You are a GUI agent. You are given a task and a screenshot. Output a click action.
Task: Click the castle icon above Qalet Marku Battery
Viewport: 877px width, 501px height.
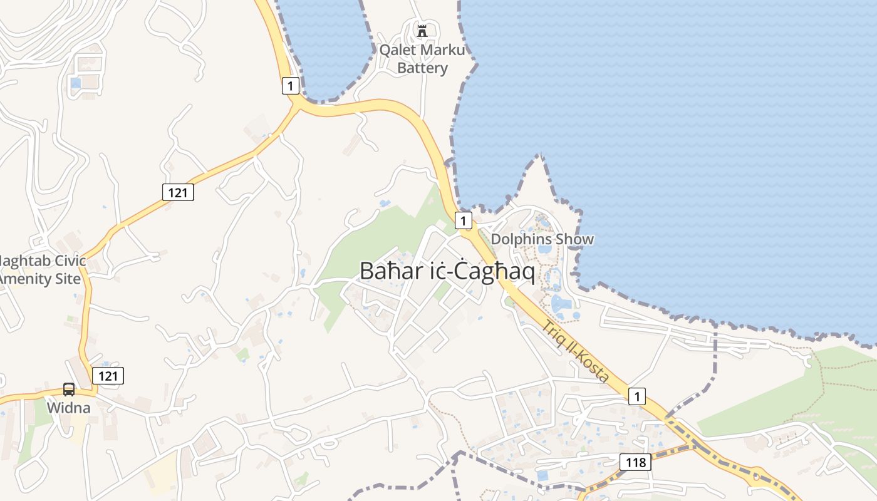(x=422, y=30)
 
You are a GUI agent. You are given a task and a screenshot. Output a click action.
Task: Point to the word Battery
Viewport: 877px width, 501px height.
(x=422, y=68)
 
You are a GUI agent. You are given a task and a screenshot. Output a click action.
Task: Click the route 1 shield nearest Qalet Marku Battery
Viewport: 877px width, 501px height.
(x=290, y=86)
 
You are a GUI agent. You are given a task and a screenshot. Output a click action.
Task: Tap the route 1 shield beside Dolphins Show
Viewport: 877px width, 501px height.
(x=463, y=220)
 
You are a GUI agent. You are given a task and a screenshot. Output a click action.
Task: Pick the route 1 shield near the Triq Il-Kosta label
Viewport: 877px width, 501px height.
(x=637, y=396)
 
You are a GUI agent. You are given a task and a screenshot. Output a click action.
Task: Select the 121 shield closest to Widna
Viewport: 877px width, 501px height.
(x=108, y=376)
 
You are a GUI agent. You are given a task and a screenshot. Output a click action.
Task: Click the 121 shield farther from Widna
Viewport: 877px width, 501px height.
(x=178, y=192)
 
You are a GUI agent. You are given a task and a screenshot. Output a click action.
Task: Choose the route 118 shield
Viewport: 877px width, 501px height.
(x=636, y=463)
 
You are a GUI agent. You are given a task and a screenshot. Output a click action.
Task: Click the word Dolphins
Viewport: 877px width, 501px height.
(x=522, y=239)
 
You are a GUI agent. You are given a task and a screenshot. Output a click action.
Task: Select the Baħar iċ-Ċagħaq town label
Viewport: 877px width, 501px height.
(x=447, y=271)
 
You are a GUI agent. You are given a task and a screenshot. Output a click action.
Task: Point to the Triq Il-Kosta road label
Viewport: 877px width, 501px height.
(x=576, y=351)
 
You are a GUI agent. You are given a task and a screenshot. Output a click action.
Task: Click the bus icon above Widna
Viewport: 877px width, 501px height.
(x=69, y=389)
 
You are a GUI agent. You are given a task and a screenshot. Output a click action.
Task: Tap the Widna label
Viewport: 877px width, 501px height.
(x=69, y=408)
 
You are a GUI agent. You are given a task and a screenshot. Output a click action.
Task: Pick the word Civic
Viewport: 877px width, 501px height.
(x=65, y=261)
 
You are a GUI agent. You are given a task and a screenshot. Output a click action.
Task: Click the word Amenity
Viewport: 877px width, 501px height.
(x=28, y=279)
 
